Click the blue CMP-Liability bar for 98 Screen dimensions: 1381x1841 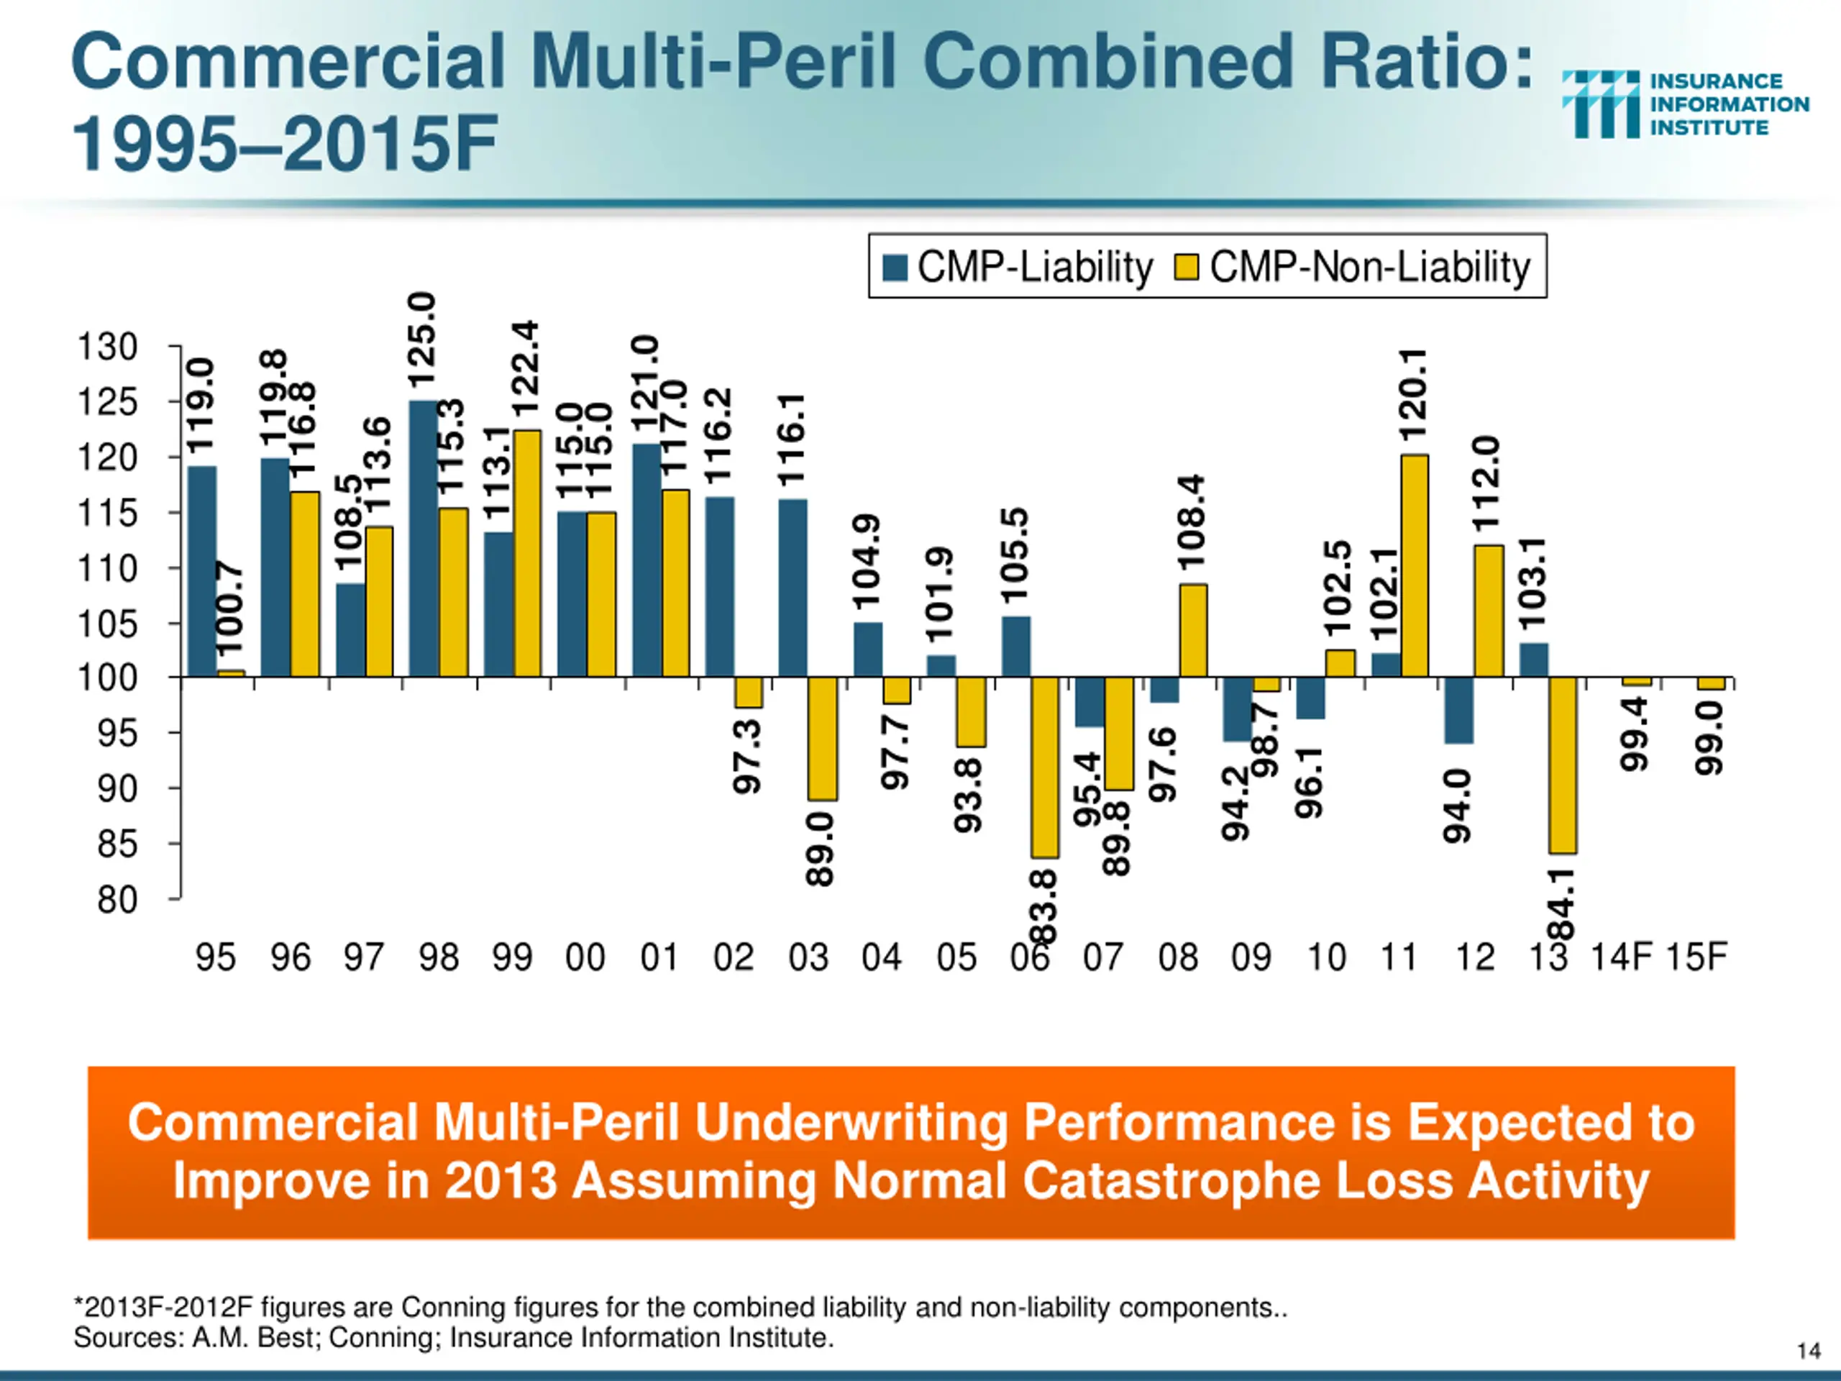pyautogui.click(x=423, y=539)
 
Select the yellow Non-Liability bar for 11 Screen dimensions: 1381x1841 pyautogui.click(x=1415, y=566)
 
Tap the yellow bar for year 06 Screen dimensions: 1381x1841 pyautogui.click(x=1046, y=767)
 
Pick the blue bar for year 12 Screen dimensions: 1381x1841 pyautogui.click(x=1459, y=710)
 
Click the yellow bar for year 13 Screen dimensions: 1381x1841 pyautogui.click(x=1563, y=765)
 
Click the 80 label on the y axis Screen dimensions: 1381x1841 pyautogui.click(x=117, y=900)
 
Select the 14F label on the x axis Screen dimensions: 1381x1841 pyautogui.click(x=1620, y=957)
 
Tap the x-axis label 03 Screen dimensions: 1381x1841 pyautogui.click(x=808, y=957)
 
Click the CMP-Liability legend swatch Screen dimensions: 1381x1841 pyautogui.click(x=895, y=268)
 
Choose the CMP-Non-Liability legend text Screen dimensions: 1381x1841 pyautogui.click(x=1370, y=268)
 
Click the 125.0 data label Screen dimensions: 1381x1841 pyautogui.click(x=422, y=339)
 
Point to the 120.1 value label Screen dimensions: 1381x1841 pyautogui.click(x=1413, y=396)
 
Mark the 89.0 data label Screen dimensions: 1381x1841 pyautogui.click(x=820, y=850)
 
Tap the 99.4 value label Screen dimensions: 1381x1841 pyautogui.click(x=1635, y=734)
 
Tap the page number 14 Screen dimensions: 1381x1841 pyautogui.click(x=1809, y=1350)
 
